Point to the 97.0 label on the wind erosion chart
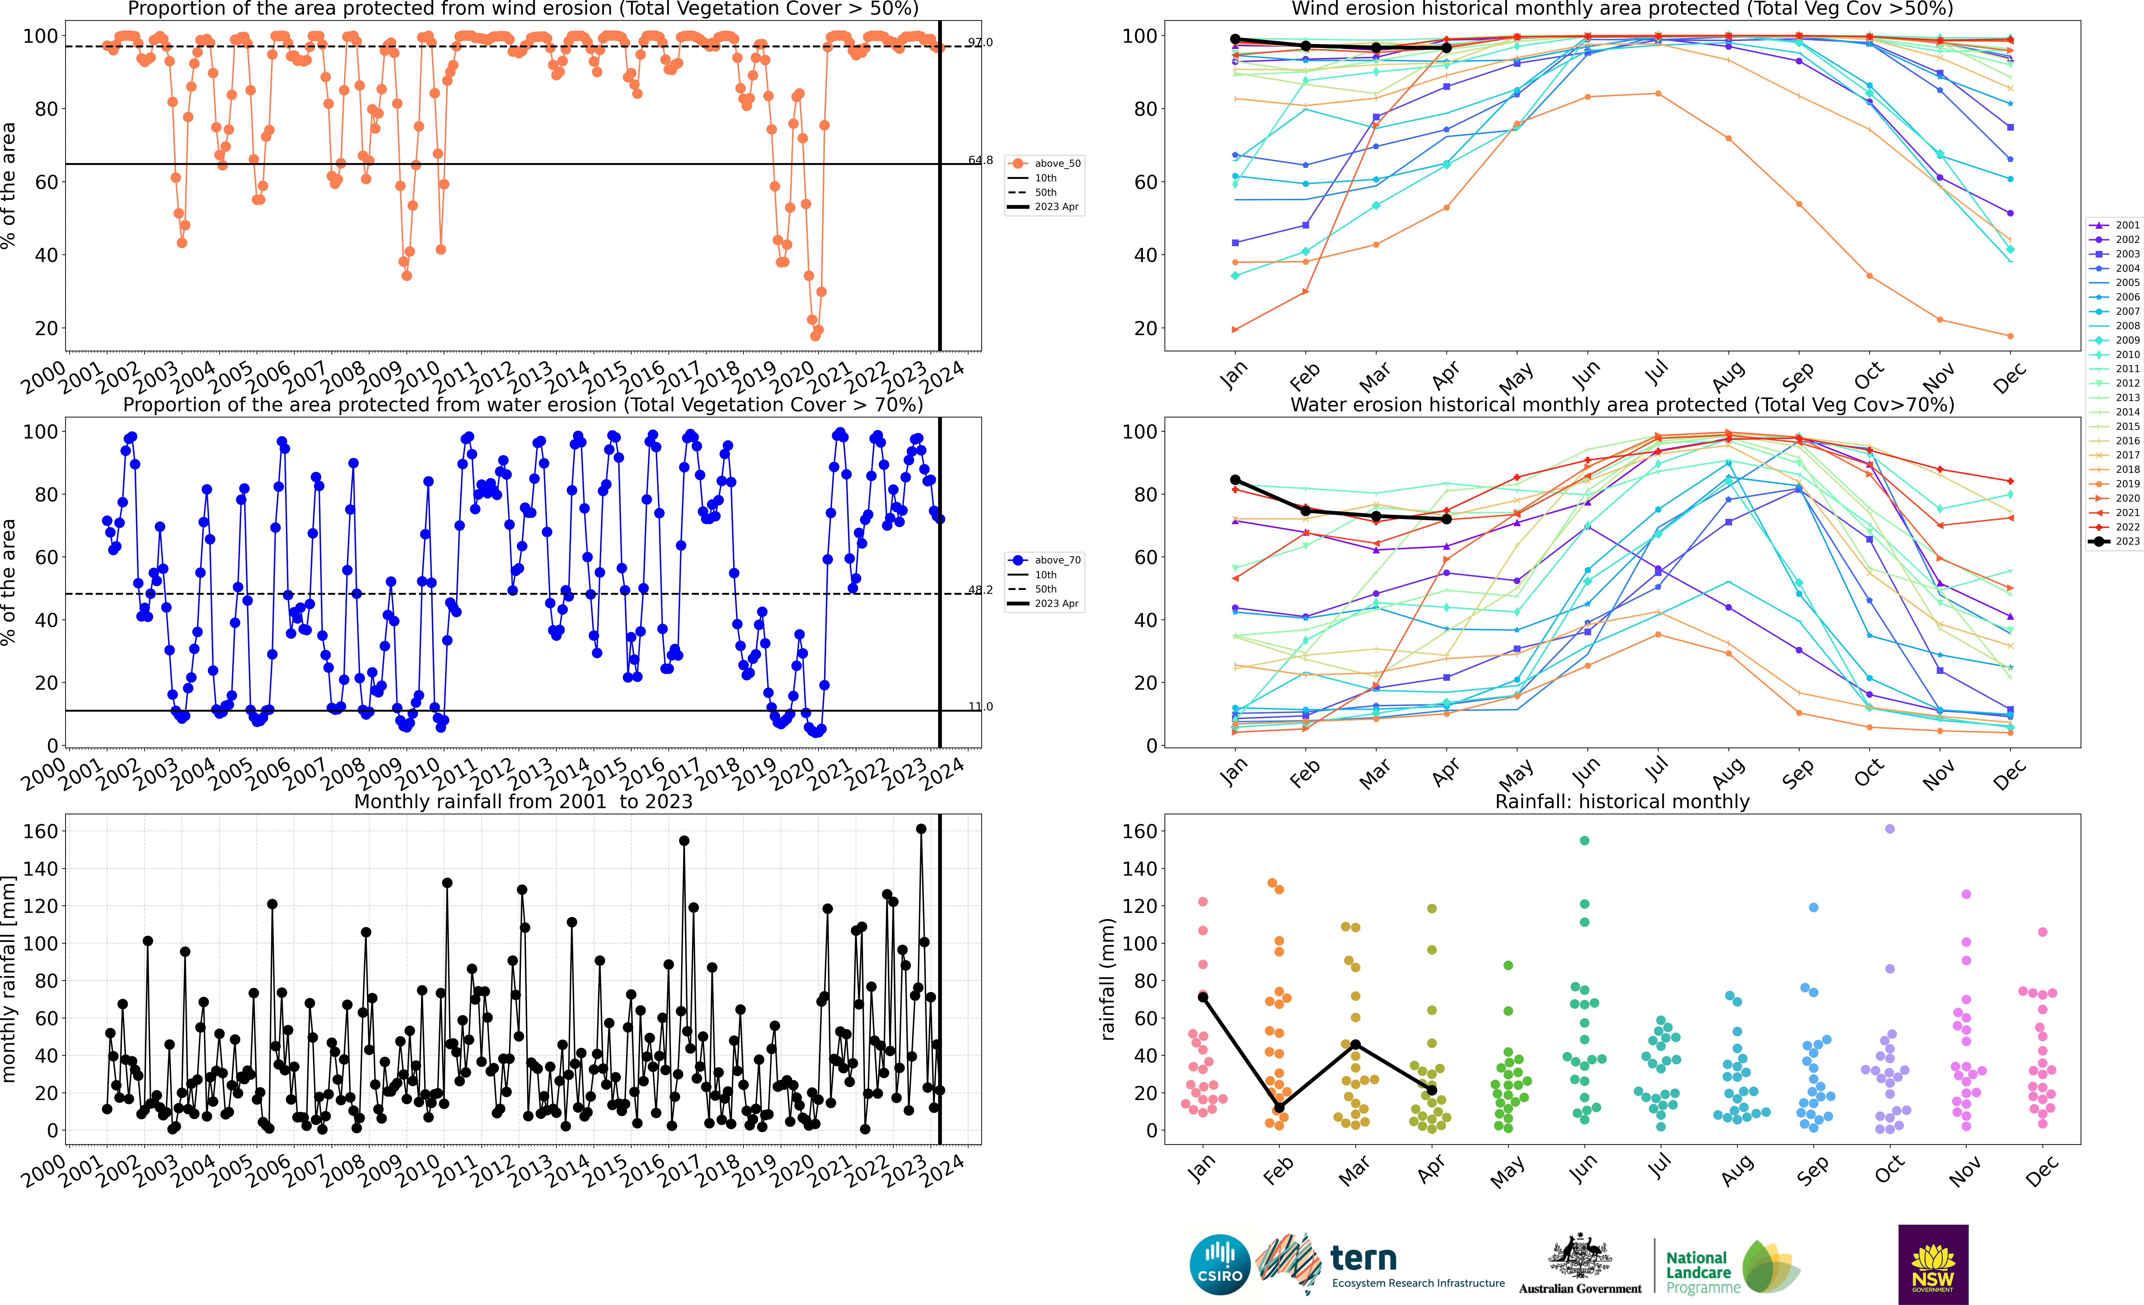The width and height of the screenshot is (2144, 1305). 980,42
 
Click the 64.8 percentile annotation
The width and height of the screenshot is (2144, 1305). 980,160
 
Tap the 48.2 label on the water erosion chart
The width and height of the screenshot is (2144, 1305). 980,590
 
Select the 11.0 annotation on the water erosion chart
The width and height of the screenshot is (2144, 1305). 980,706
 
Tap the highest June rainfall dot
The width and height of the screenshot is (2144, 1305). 1584,840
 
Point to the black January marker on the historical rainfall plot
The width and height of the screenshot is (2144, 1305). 1202,997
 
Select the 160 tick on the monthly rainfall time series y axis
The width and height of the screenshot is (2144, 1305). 40,831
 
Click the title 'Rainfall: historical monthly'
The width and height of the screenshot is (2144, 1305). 1622,801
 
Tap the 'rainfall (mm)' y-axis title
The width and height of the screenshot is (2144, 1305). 1107,979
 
